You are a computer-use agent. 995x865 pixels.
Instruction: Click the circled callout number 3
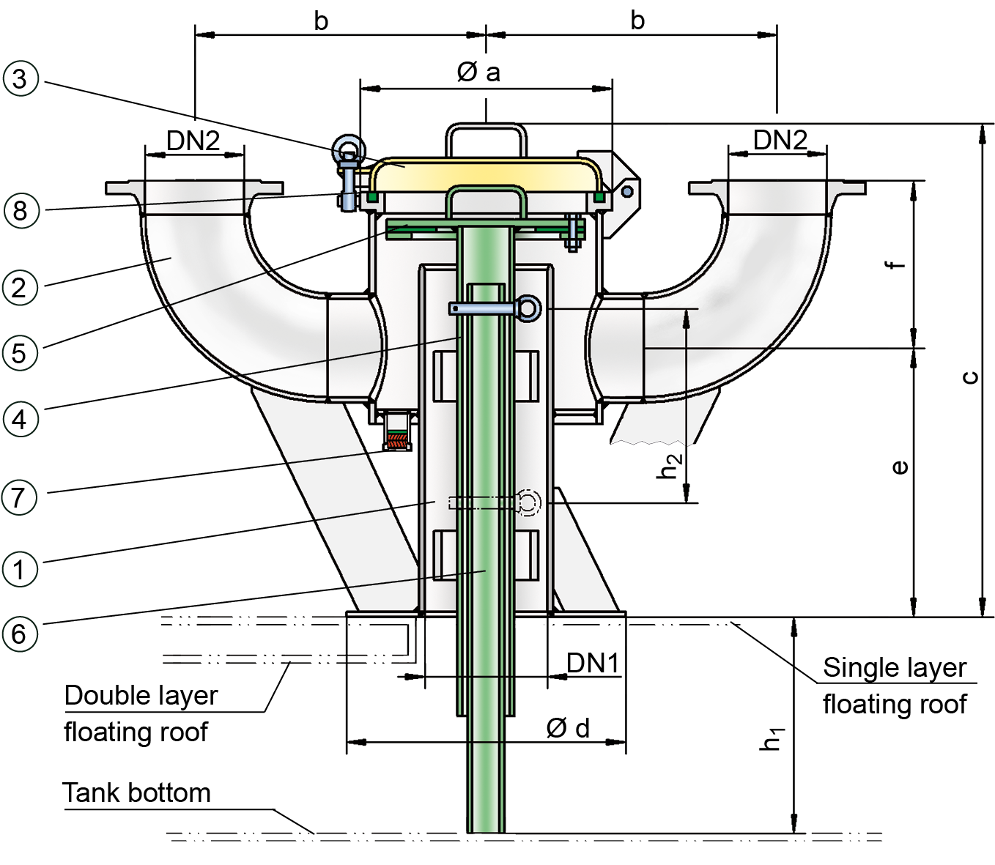click(x=21, y=79)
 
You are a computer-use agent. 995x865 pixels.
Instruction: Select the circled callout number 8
click(x=21, y=211)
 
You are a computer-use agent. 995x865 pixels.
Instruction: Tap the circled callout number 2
click(x=21, y=287)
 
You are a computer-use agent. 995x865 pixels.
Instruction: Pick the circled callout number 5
click(x=21, y=353)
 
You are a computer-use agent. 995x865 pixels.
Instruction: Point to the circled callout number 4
click(x=21, y=420)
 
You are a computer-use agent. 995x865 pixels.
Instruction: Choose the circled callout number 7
click(x=21, y=497)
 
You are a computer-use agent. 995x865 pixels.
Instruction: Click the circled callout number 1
click(x=21, y=569)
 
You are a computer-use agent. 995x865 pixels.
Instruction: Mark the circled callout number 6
click(x=21, y=634)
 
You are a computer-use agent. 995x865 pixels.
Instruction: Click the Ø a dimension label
click(x=478, y=72)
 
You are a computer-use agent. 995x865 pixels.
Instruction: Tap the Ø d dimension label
click(x=568, y=728)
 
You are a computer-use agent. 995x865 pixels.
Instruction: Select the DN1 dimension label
click(x=593, y=663)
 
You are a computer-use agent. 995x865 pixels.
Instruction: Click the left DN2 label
click(x=193, y=141)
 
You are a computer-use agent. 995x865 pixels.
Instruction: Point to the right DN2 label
click(x=780, y=140)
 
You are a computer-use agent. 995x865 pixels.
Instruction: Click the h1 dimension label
click(x=772, y=738)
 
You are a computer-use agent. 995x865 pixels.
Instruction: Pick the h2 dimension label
click(x=670, y=466)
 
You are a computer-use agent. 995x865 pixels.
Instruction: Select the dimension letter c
click(x=969, y=377)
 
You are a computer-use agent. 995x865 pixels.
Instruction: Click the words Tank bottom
click(x=137, y=792)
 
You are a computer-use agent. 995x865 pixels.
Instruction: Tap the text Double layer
click(x=141, y=695)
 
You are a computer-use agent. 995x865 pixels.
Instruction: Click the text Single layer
click(x=895, y=667)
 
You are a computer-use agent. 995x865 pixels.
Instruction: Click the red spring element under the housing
click(x=396, y=442)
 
